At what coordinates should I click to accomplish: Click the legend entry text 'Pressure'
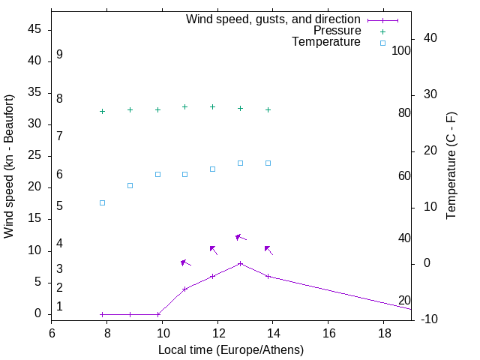click(x=337, y=31)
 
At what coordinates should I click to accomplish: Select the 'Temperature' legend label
click(x=326, y=43)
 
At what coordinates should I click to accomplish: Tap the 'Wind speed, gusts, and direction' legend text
click(x=273, y=19)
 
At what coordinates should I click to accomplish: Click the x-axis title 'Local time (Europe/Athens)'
click(x=231, y=349)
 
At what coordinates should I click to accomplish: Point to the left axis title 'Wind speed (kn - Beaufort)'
click(x=9, y=166)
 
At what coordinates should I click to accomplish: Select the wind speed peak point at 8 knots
click(x=240, y=263)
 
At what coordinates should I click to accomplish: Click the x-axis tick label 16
click(x=328, y=332)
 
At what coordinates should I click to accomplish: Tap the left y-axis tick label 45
click(x=34, y=30)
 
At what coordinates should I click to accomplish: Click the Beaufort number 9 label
click(x=59, y=55)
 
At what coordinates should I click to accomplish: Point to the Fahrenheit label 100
click(x=402, y=51)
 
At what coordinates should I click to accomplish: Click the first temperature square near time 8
click(x=102, y=202)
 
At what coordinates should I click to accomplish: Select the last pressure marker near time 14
click(x=268, y=109)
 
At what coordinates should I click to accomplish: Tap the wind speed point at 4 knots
click(x=184, y=289)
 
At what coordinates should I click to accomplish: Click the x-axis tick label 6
click(x=52, y=332)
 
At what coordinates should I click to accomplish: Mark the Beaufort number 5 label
click(x=59, y=205)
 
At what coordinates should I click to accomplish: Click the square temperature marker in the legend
click(x=382, y=43)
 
